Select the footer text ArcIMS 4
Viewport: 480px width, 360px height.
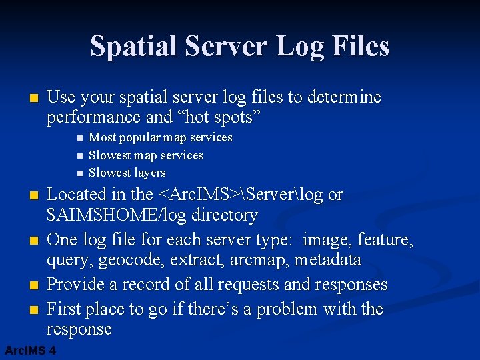(x=30, y=351)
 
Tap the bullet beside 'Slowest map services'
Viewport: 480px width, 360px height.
(x=79, y=155)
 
